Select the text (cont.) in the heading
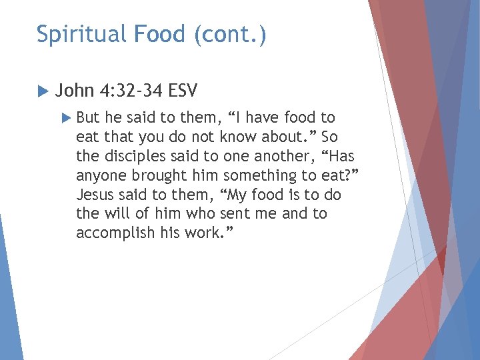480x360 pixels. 230,34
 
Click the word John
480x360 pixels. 75,90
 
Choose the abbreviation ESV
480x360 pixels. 183,90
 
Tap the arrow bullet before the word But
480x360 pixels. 65,118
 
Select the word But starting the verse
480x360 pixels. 88,118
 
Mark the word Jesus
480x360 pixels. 95,195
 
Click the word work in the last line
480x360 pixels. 203,233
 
